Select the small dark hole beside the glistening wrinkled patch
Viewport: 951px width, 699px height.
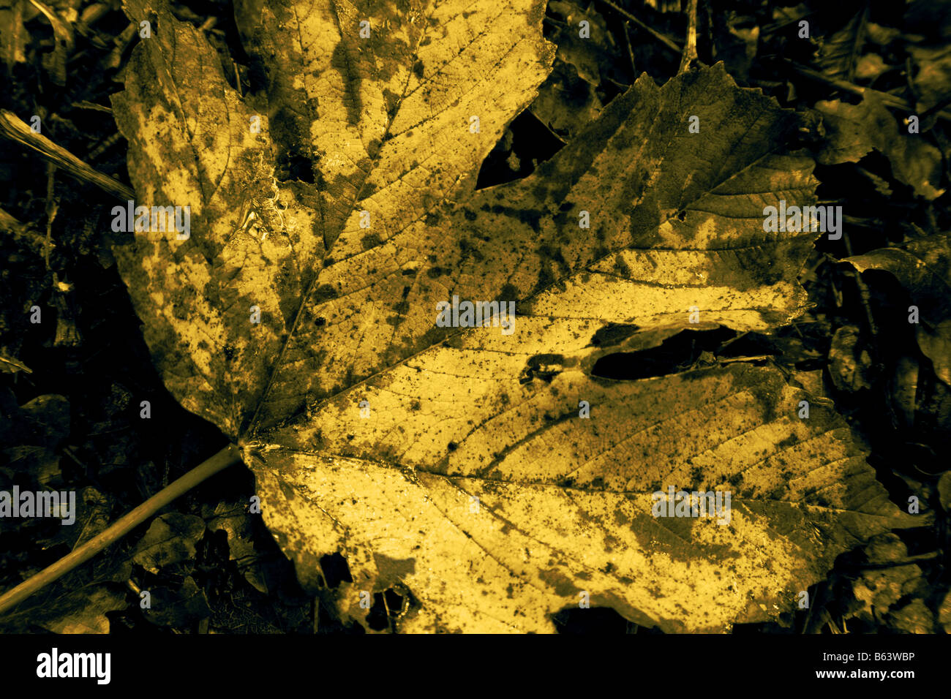296,168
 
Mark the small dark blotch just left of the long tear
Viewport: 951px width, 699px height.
541,366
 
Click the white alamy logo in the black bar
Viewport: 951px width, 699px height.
73,666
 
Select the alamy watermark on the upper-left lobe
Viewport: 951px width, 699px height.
151,220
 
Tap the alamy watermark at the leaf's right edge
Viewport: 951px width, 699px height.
802,219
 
